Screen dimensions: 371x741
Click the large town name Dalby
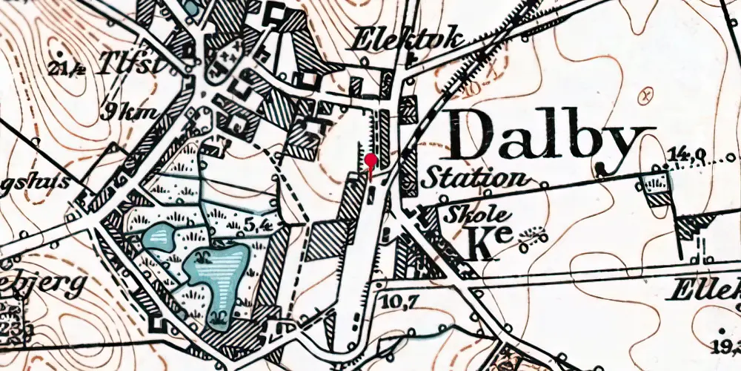point(552,138)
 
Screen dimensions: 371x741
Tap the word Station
point(475,178)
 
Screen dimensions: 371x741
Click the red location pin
point(371,160)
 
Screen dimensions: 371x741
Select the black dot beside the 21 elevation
point(59,56)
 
